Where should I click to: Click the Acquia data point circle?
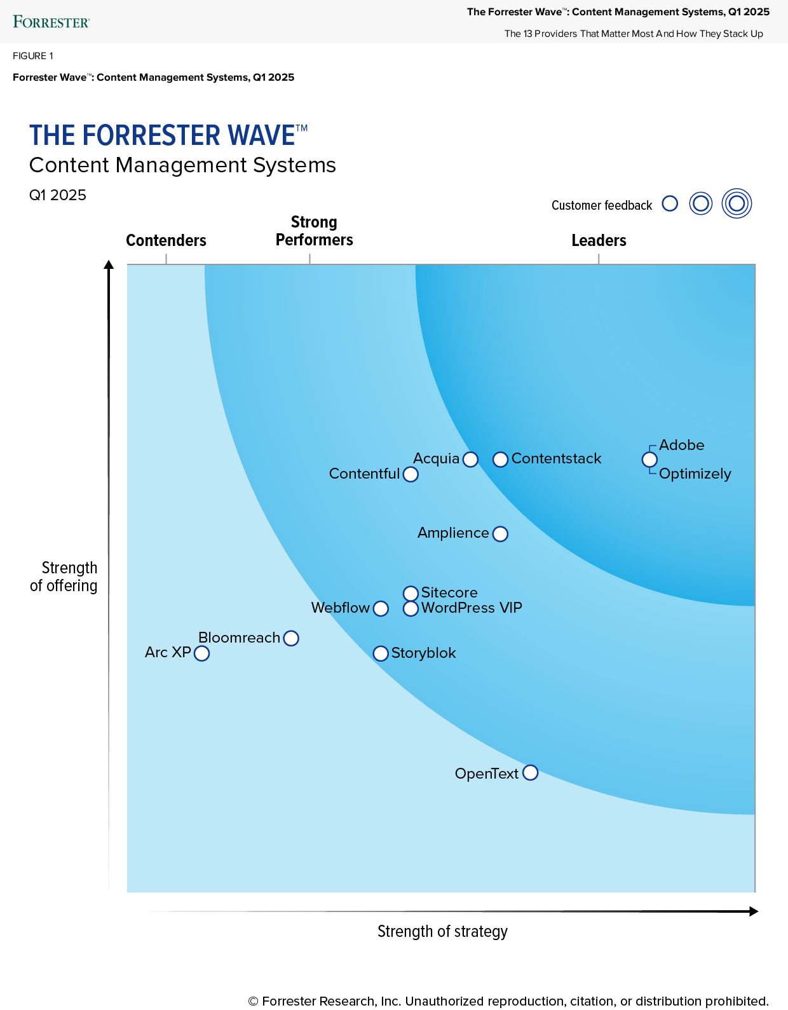click(x=470, y=460)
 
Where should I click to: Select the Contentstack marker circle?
click(x=501, y=460)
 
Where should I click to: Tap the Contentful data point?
click(x=411, y=475)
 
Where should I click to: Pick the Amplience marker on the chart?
click(x=501, y=534)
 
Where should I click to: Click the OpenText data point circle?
click(x=531, y=773)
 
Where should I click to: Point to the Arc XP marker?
click(x=201, y=653)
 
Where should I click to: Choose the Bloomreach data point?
click(x=291, y=638)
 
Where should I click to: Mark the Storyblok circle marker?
click(x=381, y=653)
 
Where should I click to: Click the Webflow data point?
click(x=381, y=609)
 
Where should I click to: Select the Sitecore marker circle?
click(x=411, y=594)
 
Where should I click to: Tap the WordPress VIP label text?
click(x=472, y=608)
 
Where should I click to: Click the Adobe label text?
click(x=681, y=445)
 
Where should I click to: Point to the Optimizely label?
click(x=695, y=474)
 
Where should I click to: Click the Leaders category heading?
click(x=599, y=240)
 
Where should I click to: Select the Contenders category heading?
click(x=166, y=240)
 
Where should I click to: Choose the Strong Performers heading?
click(x=314, y=231)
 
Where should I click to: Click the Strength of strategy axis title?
click(x=442, y=932)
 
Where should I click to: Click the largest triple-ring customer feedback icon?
click(x=737, y=204)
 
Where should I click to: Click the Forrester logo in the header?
click(x=51, y=22)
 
